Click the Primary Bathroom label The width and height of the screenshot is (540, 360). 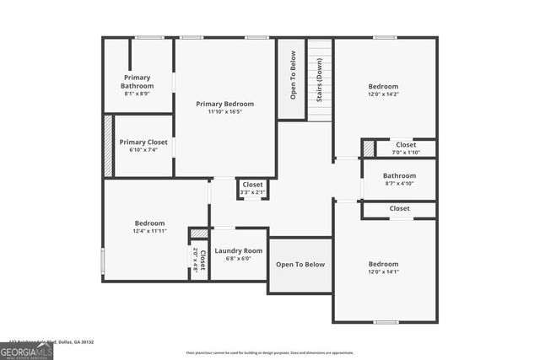137,82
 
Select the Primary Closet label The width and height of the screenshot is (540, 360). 143,142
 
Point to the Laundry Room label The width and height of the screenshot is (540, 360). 239,251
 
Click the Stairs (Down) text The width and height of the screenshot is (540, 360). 320,81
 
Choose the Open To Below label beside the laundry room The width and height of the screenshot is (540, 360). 300,265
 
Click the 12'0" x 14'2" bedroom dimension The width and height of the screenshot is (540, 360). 383,94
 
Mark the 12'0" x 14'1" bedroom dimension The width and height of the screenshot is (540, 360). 383,271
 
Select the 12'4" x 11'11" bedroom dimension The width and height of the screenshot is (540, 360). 149,231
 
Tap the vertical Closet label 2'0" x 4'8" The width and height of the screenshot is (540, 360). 199,258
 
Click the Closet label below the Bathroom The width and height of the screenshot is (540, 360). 399,208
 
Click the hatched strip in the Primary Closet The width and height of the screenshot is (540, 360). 108,146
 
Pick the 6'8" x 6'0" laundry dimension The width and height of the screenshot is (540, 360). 239,260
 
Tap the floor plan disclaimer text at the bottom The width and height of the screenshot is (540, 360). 281,352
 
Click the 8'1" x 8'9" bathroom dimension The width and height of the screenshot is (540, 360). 137,94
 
